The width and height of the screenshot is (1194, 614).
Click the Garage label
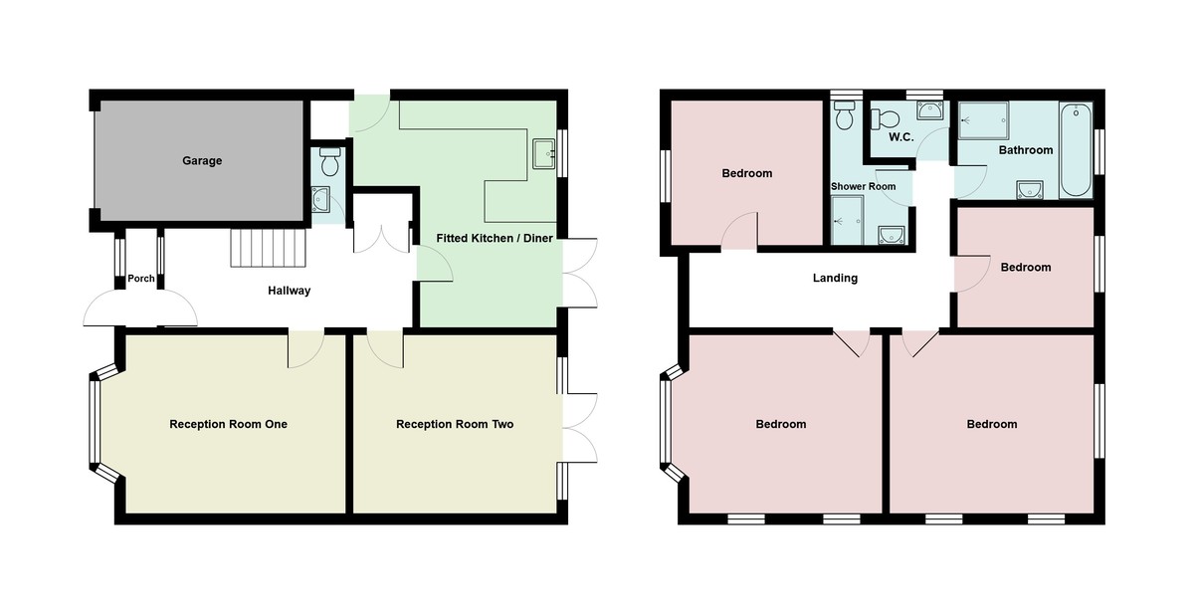[202, 161]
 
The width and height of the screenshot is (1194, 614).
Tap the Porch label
[141, 279]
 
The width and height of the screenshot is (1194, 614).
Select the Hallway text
[290, 292]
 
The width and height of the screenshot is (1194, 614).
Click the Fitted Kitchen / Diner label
[495, 239]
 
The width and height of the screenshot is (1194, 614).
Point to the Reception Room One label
[228, 425]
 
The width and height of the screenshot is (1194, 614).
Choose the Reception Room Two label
[455, 425]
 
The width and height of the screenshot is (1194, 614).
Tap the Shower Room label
[863, 187]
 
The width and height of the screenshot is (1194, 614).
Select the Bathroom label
[1025, 151]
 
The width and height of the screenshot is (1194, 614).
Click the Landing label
[835, 279]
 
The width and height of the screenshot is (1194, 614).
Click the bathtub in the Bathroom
[1076, 149]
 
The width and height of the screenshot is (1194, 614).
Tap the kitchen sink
[543, 154]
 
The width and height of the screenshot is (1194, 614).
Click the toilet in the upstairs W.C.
[880, 119]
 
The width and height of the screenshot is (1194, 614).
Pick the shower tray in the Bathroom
[983, 121]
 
